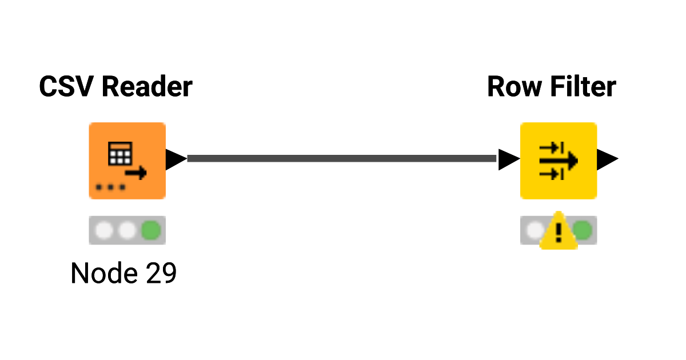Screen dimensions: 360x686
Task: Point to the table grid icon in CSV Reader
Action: coord(120,152)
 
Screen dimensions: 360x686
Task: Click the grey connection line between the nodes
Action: coord(342,158)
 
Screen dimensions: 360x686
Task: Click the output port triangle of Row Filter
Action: coord(607,159)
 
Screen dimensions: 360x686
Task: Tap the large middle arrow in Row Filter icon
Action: coord(559,161)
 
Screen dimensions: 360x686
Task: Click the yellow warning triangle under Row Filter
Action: coord(559,232)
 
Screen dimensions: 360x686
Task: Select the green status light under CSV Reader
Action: coord(151,230)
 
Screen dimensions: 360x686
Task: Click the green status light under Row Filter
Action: coord(583,230)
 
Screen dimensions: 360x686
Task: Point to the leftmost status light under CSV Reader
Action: coord(104,230)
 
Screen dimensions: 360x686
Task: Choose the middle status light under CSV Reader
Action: coord(127,230)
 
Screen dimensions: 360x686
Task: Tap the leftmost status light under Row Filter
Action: coord(534,230)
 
